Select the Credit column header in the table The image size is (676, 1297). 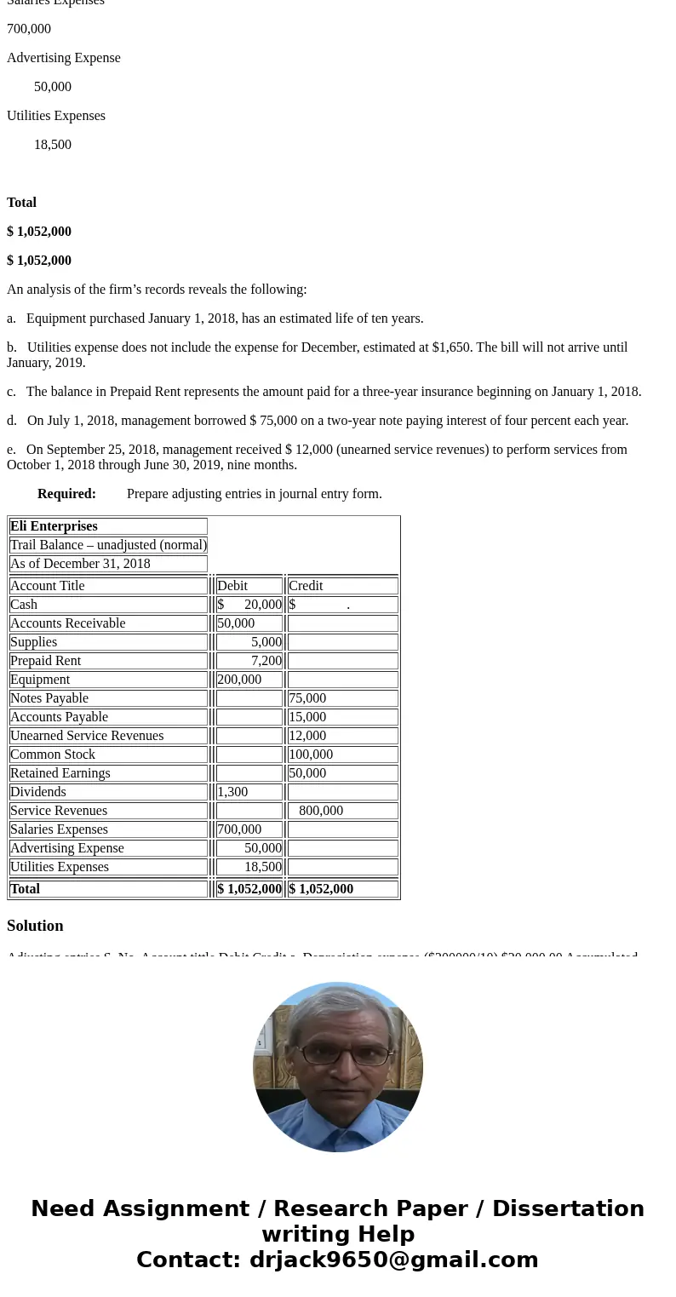(306, 585)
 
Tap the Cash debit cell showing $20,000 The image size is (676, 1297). (249, 604)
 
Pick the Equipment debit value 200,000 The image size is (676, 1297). (239, 679)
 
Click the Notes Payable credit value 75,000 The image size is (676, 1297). (307, 697)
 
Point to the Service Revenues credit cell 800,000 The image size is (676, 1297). (321, 810)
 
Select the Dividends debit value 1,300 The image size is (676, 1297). (232, 791)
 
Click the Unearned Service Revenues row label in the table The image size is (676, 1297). (87, 735)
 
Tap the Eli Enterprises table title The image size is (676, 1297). (54, 525)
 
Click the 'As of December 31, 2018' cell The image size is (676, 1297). (80, 563)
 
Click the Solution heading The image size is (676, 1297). (35, 925)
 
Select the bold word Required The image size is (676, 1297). (66, 493)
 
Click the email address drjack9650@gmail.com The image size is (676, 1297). (393, 1260)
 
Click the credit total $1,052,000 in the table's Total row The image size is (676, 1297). (321, 888)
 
